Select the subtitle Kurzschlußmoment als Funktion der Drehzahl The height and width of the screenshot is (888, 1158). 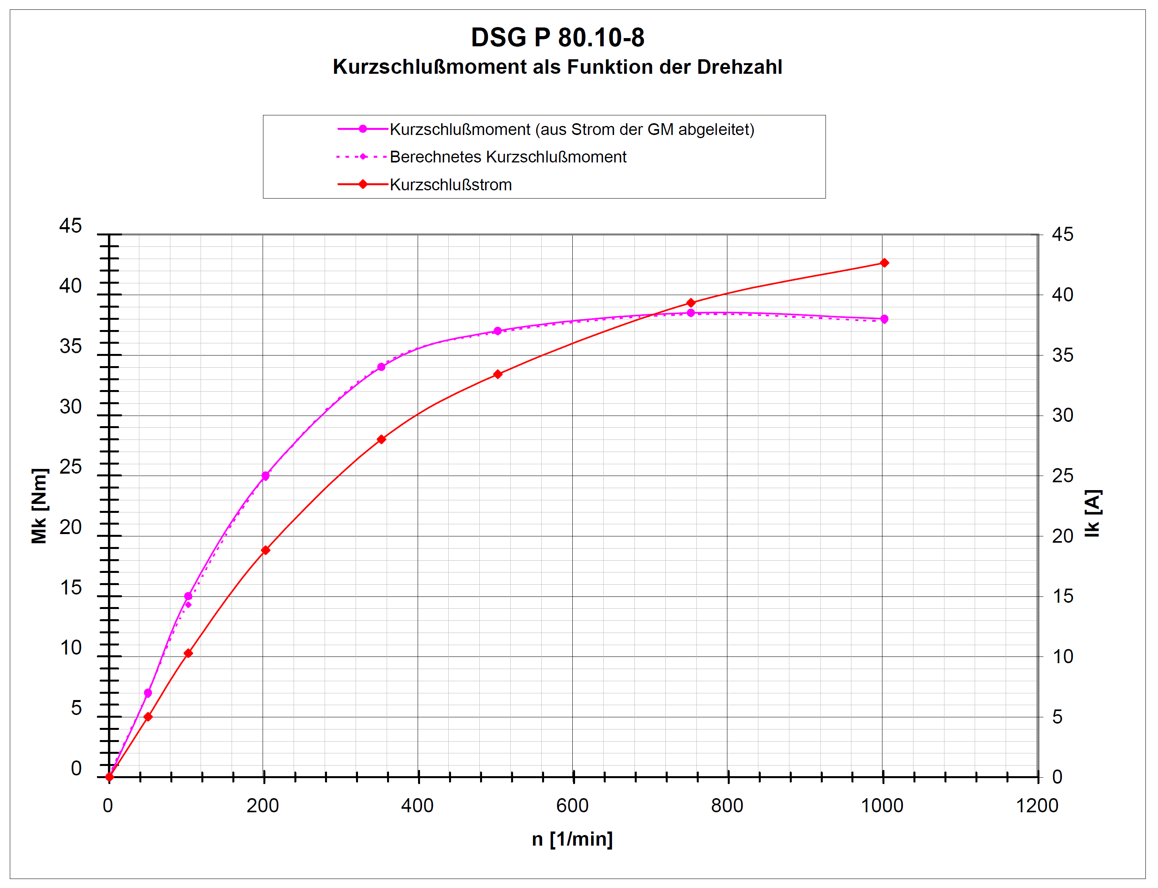tap(557, 67)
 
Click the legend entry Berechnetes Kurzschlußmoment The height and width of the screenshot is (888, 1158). tap(508, 157)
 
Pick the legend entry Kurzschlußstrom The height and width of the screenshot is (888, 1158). tap(451, 185)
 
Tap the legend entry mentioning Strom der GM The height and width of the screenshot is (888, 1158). tap(572, 129)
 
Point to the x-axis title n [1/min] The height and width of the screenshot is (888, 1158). tap(572, 839)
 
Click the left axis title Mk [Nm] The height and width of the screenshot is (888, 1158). tap(40, 506)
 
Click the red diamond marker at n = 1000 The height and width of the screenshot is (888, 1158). tap(884, 263)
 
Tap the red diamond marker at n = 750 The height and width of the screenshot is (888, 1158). tap(690, 303)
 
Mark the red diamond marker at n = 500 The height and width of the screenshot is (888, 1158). tap(498, 374)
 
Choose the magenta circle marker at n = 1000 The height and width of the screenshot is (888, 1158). tap(884, 319)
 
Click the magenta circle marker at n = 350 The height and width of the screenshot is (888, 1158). tap(381, 367)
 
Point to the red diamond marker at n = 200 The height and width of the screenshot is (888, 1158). tap(265, 550)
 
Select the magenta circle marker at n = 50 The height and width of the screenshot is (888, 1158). tap(148, 693)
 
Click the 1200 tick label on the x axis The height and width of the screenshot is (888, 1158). tap(1037, 806)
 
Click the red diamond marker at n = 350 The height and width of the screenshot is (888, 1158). tap(381, 439)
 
